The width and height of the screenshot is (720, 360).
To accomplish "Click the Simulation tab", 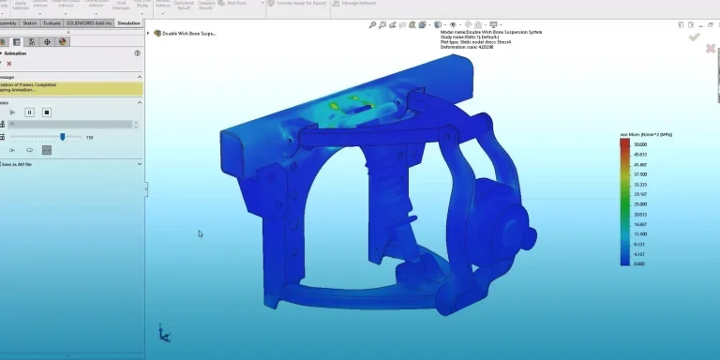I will point(128,22).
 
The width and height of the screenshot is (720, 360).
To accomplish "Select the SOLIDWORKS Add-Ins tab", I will point(89,22).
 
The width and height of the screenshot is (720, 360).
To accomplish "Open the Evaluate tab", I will point(52,22).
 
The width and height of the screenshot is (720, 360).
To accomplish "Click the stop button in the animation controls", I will point(46,112).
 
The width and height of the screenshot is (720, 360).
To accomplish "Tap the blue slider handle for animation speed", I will point(63,136).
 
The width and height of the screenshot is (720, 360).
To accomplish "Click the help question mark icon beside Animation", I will point(137,54).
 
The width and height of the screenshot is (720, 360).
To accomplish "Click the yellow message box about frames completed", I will point(71,89).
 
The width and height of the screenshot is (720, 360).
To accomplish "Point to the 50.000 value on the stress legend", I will point(641,144).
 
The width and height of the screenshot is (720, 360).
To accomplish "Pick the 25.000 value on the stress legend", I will point(641,204).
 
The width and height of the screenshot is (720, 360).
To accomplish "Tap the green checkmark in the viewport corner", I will point(694,37).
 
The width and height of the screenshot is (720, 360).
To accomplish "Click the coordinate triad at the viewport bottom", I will point(163,332).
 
